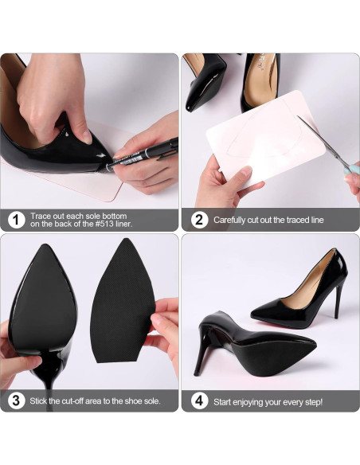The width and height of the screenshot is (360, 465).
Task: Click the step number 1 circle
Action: (x=16, y=220)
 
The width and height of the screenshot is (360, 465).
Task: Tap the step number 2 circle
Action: (x=199, y=220)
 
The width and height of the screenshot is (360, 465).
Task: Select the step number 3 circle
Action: (x=16, y=401)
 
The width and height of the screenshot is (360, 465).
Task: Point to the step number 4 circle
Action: (x=199, y=401)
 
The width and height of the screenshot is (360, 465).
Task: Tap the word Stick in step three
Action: (x=38, y=401)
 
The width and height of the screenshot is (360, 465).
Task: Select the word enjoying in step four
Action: (x=248, y=402)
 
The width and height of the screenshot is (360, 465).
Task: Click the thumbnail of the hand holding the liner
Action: (x=246, y=171)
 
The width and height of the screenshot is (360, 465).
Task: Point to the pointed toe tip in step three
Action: (x=45, y=245)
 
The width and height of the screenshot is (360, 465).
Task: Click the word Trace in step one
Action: (x=40, y=216)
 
